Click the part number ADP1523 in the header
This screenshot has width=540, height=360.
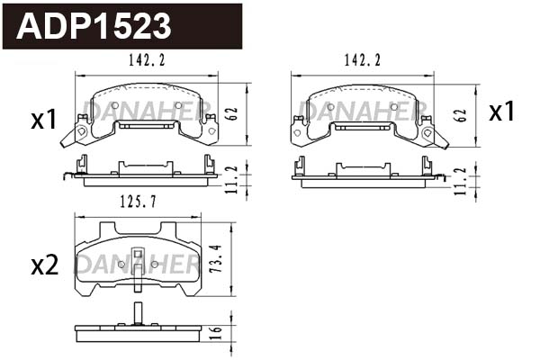[x=94, y=26]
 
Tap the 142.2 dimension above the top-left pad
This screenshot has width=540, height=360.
[x=147, y=60]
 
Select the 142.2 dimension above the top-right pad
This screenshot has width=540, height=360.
[x=363, y=60]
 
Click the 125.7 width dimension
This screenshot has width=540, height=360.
[x=138, y=202]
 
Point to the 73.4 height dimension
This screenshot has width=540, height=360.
[x=217, y=258]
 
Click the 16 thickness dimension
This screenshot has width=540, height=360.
[x=217, y=333]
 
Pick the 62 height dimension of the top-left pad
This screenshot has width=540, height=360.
[x=233, y=113]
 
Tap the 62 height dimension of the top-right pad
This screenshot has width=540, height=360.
[x=461, y=115]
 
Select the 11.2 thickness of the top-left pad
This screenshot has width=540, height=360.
[x=233, y=179]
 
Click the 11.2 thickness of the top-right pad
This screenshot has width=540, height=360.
[x=461, y=181]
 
